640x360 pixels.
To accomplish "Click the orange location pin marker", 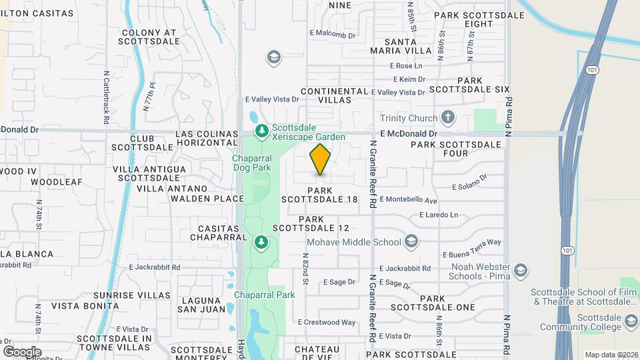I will [x=321, y=159].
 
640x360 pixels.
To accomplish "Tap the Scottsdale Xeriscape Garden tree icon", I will [x=262, y=129].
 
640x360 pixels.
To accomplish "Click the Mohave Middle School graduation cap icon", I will [x=412, y=242].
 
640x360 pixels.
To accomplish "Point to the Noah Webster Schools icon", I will [x=521, y=271].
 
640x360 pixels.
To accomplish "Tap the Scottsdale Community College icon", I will [x=631, y=323].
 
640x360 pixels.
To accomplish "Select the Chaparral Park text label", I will [x=264, y=295].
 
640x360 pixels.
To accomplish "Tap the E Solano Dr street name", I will [x=470, y=182].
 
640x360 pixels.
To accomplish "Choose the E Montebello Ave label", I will [x=408, y=200].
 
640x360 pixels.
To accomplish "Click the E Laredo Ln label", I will [x=439, y=215].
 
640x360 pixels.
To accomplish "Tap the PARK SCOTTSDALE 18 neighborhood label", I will [x=319, y=195].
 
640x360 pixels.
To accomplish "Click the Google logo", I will [x=22, y=352].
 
